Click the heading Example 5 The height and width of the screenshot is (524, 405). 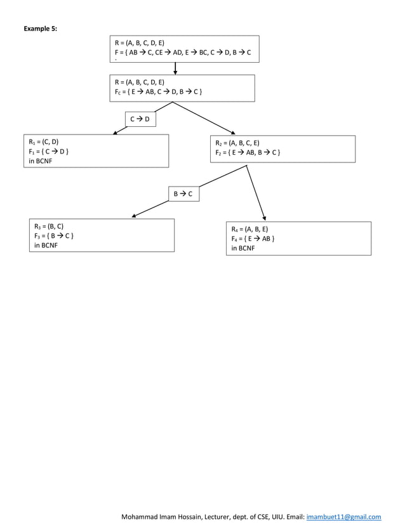point(40,29)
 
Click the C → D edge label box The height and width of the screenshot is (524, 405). point(140,119)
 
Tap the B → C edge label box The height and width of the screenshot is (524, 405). point(183,193)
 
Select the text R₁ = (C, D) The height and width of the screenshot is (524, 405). point(44,142)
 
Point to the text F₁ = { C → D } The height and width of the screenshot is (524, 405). point(48,152)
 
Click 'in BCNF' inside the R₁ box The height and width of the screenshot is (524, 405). point(41,161)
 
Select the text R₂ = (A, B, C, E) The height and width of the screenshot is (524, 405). point(237,143)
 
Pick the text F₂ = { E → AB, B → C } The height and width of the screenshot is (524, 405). point(248,153)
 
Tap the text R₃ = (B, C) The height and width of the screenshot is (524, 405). point(49,226)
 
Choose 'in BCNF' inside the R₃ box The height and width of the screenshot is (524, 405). point(46,246)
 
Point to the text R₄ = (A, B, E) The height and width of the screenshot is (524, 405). point(249,229)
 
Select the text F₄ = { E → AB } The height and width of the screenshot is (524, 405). point(253,239)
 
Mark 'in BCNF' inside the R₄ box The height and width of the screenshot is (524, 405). point(243,249)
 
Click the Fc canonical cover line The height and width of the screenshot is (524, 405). point(158,92)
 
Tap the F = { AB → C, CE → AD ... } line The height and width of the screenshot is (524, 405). point(182,53)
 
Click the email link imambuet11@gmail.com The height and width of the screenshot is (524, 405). point(343,517)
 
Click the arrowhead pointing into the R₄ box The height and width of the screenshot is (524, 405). point(265,218)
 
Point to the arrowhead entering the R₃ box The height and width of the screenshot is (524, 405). point(134,216)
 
